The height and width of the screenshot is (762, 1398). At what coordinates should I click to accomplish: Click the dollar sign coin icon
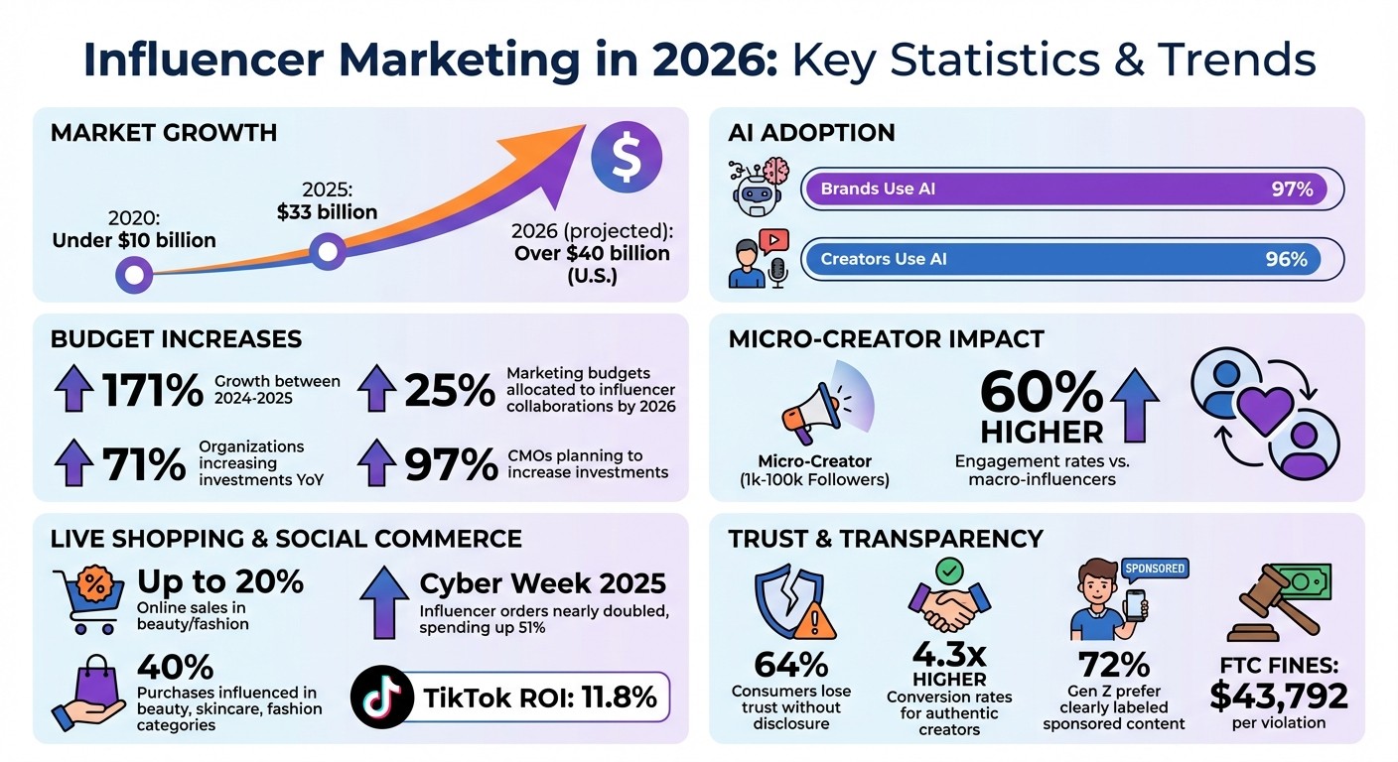pos(625,159)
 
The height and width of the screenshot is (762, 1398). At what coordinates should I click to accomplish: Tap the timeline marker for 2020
pos(134,273)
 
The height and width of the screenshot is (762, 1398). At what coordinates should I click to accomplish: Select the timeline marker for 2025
pos(328,251)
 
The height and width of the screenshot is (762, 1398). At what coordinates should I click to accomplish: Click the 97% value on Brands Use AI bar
pos(1292,189)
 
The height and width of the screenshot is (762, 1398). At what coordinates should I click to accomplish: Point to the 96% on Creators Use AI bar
pos(1286,259)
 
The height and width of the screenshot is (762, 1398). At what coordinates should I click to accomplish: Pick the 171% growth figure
pos(152,389)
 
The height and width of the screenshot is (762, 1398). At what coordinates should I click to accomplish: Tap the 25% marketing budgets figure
pos(450,389)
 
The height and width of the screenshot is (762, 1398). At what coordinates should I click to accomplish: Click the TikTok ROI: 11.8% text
pos(540,698)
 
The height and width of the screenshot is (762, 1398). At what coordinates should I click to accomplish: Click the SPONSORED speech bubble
pos(1154,568)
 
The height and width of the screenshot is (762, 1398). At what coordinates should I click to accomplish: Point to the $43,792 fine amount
pos(1279,696)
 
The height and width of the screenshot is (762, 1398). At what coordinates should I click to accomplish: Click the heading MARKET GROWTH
pos(164,133)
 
